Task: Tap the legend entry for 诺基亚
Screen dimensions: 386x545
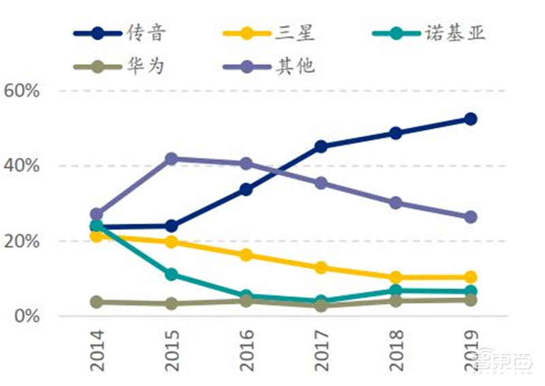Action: click(435, 33)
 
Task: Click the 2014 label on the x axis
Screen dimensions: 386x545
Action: click(97, 350)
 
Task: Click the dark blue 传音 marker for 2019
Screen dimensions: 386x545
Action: click(469, 119)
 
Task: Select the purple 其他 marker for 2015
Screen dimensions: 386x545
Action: click(171, 159)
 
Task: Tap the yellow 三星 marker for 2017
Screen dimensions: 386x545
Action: click(320, 268)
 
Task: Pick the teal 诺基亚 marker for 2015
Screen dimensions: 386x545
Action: click(171, 274)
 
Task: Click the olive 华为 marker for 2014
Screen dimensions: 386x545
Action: click(97, 302)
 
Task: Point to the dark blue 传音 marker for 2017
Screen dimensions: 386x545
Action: click(320, 146)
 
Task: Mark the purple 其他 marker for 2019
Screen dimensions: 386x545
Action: click(469, 217)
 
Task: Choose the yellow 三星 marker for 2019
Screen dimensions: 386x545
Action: click(469, 277)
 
